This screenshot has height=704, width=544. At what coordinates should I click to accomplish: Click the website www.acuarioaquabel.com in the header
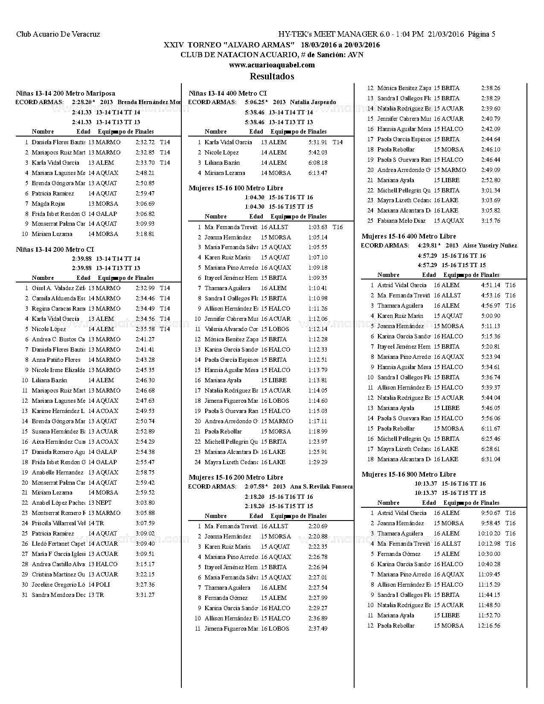(x=272, y=65)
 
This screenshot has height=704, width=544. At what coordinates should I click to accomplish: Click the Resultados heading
(x=272, y=76)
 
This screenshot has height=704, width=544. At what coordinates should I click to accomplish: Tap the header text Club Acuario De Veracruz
(x=58, y=34)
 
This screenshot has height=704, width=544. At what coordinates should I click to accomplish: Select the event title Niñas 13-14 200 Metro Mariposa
(x=65, y=93)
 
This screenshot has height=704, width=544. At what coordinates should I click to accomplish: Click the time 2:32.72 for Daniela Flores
(x=145, y=142)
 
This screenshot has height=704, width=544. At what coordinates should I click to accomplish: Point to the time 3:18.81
(x=145, y=234)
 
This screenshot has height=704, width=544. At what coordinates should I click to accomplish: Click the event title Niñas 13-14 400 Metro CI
(x=227, y=93)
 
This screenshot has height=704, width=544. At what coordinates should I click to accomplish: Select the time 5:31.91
(x=318, y=142)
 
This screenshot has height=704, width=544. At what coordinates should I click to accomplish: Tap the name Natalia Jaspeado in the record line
(x=313, y=102)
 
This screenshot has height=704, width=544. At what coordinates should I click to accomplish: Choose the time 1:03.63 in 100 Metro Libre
(x=318, y=227)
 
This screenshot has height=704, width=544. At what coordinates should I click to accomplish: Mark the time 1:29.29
(x=318, y=462)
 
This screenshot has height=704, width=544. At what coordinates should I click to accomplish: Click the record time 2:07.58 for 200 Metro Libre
(x=255, y=486)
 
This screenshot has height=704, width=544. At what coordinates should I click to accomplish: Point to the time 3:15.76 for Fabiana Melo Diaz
(x=491, y=221)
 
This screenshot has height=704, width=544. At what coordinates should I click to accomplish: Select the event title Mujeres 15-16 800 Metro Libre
(x=409, y=474)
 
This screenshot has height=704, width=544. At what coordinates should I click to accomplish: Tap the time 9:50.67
(x=491, y=513)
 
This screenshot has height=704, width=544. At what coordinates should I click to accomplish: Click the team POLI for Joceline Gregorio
(x=103, y=585)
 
